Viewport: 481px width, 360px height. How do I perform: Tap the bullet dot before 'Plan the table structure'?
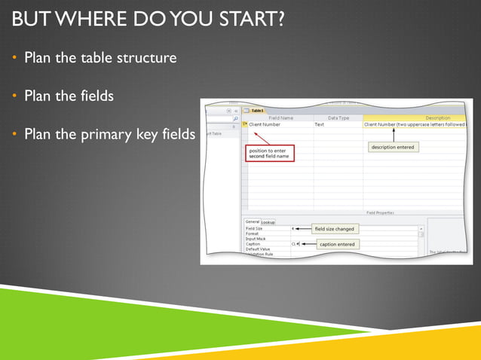pos(14,57)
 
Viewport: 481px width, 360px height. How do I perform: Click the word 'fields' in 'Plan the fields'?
pos(103,96)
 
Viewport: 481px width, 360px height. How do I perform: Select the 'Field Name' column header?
pos(280,117)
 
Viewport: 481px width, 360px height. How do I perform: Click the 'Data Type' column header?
pos(338,117)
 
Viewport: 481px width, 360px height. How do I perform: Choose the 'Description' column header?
pos(437,117)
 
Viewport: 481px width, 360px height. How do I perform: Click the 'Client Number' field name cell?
pos(265,124)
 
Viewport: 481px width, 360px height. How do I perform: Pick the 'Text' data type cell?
pos(320,124)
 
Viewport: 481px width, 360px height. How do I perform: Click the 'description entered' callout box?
pos(392,147)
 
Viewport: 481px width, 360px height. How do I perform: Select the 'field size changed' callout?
pos(334,228)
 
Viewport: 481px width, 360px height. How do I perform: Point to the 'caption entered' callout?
pos(337,244)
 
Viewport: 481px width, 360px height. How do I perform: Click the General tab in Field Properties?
pos(252,221)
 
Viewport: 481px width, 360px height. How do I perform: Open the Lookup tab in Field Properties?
pos(268,221)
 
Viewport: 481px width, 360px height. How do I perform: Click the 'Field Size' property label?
pos(254,228)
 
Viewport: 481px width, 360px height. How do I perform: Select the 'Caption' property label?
pos(253,244)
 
